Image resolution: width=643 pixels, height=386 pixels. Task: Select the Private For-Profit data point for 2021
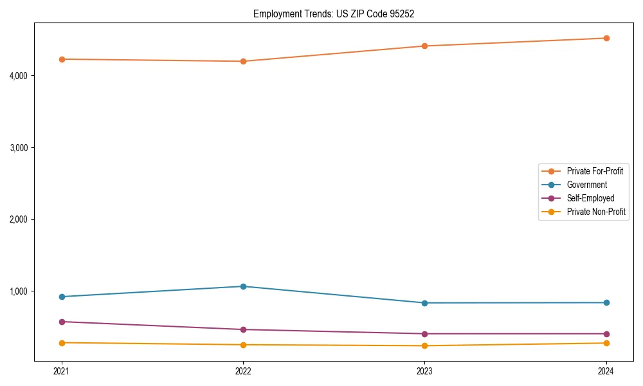tap(62, 59)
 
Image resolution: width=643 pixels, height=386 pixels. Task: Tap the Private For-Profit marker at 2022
tap(243, 61)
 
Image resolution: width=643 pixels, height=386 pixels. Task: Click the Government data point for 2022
tap(243, 286)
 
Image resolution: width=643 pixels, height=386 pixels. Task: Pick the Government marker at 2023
tap(424, 303)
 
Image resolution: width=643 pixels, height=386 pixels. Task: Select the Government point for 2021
tap(62, 297)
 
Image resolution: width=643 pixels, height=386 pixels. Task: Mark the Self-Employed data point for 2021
tap(62, 322)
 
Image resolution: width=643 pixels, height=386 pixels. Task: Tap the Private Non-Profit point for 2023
tap(424, 346)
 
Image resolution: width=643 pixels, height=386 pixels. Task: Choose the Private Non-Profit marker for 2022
tap(243, 345)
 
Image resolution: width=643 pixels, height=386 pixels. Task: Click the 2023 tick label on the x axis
tap(424, 371)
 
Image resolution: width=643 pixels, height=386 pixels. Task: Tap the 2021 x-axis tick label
tap(62, 371)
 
